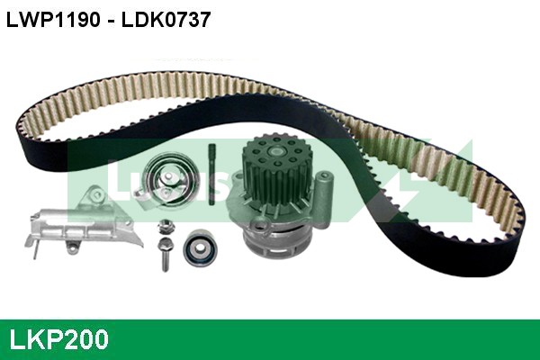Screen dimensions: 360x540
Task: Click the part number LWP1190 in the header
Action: pyautogui.click(x=57, y=19)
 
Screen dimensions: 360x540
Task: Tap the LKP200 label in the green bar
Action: pyautogui.click(x=59, y=339)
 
